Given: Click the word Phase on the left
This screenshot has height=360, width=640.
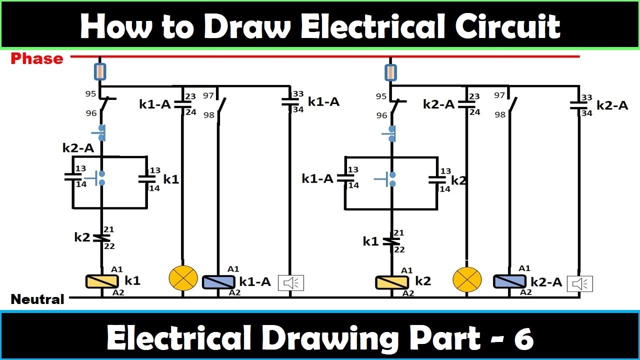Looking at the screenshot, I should (37, 58).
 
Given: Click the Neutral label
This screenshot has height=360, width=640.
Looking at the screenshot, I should (37, 299).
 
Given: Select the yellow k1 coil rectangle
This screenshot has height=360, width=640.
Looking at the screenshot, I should (101, 281).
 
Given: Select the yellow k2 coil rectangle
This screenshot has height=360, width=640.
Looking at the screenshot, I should (391, 282).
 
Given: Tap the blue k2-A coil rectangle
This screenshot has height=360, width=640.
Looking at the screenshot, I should (509, 281).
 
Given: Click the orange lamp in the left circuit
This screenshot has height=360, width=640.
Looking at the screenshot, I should (183, 278).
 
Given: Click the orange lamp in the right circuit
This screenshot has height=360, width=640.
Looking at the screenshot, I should (467, 279).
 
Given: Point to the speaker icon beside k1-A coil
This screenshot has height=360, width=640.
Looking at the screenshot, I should (291, 283).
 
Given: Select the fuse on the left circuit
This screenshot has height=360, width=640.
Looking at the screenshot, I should (100, 71).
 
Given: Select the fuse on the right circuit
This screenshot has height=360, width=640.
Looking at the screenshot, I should (390, 71).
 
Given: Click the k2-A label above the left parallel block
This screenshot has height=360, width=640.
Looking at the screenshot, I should (78, 148).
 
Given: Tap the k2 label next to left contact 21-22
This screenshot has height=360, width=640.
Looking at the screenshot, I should (82, 237).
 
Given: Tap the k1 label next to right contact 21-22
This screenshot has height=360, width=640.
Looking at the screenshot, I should (371, 241).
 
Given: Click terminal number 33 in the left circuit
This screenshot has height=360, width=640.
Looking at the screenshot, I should (298, 94).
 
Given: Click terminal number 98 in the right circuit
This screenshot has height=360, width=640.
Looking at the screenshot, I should (499, 114).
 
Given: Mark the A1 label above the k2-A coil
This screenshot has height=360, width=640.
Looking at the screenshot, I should (524, 268).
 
